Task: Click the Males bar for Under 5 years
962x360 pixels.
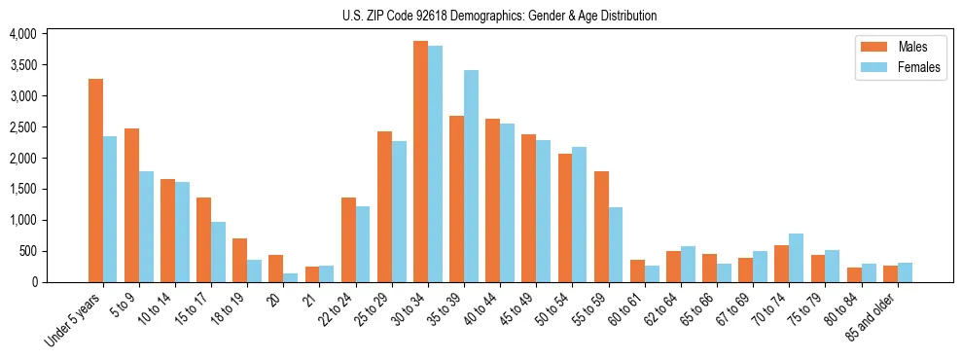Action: [x=95, y=181]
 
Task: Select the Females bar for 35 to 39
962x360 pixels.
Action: [x=471, y=176]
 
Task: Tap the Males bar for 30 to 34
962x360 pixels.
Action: [x=420, y=162]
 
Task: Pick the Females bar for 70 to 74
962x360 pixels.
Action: [x=796, y=258]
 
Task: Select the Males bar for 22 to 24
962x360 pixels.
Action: [x=348, y=239]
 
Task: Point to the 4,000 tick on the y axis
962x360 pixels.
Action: [x=22, y=34]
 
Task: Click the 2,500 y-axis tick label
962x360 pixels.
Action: [x=22, y=127]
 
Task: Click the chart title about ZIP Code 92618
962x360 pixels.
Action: [x=499, y=16]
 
